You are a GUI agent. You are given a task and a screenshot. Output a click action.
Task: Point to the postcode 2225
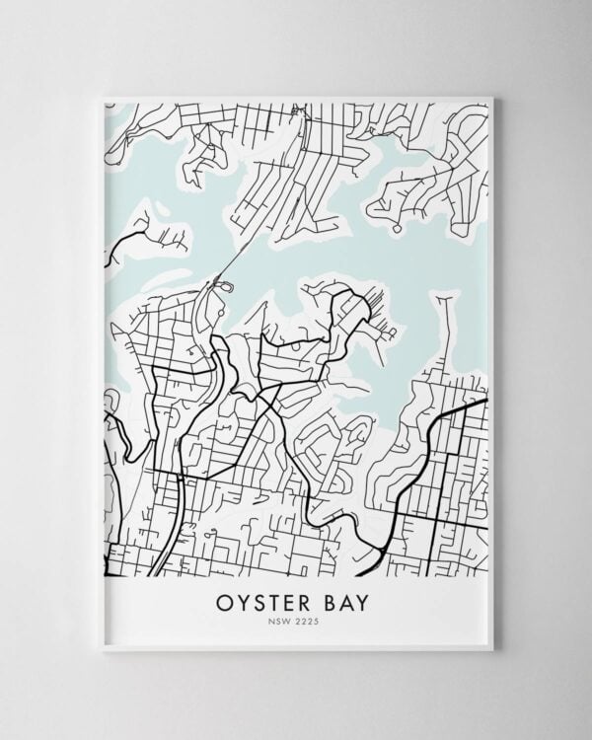point(309,623)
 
